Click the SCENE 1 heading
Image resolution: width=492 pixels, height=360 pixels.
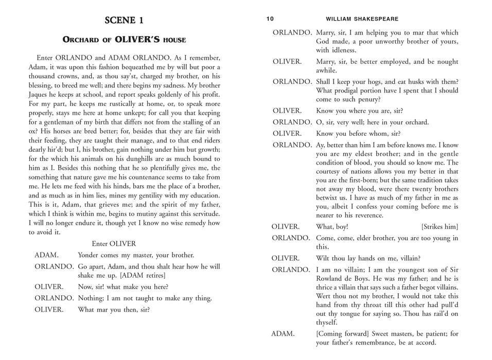(124, 21)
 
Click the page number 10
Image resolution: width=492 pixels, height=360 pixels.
(270, 19)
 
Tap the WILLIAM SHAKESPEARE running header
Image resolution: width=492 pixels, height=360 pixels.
(362, 19)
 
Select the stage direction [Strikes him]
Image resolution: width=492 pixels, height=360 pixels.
(440, 227)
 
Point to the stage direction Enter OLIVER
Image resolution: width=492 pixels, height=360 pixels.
(114, 244)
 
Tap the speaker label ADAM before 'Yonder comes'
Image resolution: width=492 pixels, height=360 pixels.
(46, 255)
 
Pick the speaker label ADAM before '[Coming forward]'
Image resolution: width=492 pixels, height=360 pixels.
(283, 333)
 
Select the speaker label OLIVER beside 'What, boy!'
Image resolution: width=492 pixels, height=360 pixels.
(286, 227)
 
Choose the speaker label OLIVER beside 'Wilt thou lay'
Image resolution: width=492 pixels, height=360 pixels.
(286, 258)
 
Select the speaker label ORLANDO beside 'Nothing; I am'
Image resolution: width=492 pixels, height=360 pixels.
(54, 298)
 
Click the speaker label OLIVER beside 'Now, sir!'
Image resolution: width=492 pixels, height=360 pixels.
(49, 287)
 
